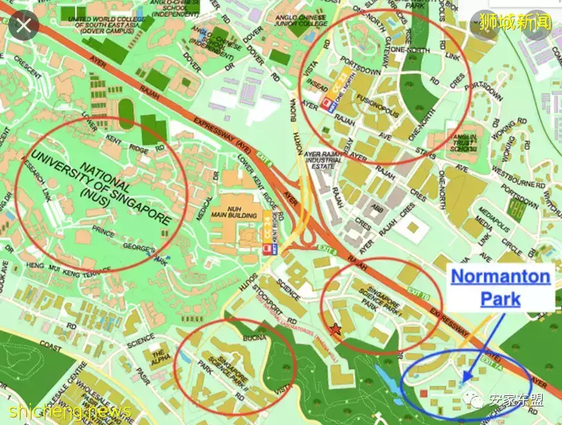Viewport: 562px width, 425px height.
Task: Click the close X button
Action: (x=25, y=26)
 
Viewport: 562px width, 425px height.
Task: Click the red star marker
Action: (x=336, y=330)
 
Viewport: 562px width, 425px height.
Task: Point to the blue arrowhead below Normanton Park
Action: (x=466, y=377)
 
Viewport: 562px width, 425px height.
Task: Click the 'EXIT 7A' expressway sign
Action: (x=490, y=359)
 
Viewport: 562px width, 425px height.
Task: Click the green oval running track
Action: (x=126, y=110)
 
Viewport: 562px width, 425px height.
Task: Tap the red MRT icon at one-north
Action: (x=326, y=105)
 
